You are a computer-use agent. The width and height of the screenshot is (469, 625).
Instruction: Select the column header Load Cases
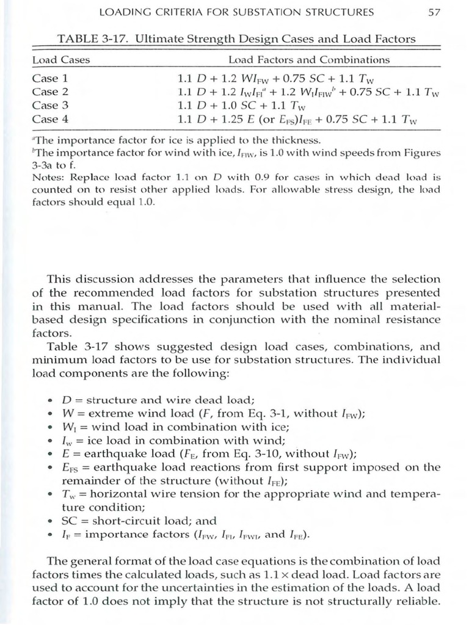[x=60, y=60]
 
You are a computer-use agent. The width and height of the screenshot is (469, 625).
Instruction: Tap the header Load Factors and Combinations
[x=308, y=60]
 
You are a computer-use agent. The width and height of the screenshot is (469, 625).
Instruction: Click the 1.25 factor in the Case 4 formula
[x=235, y=120]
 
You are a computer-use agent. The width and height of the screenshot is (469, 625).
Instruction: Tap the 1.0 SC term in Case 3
[x=244, y=106]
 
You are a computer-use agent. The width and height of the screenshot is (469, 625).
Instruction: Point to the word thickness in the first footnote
[x=293, y=140]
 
